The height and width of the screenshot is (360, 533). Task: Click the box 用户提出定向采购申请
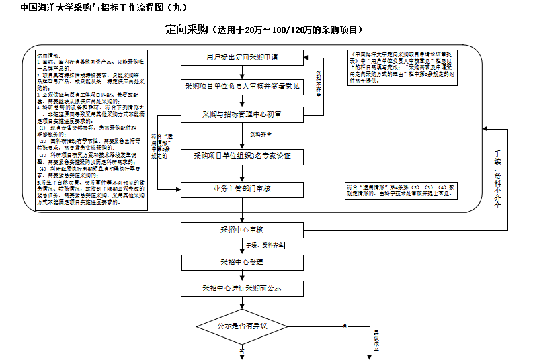[x=243, y=56]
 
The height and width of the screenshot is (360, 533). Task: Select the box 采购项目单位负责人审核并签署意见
[x=243, y=86]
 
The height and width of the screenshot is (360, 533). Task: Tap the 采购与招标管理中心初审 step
[x=243, y=115]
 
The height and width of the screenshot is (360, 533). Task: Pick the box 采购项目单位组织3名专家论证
[x=243, y=156]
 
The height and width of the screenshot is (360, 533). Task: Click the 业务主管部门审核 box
[x=243, y=189]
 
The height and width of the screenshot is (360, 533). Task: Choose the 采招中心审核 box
[x=243, y=230]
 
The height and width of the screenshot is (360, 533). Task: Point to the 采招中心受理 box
[x=243, y=261]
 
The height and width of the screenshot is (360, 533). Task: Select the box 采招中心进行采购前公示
[x=243, y=288]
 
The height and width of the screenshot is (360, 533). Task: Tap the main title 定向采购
[x=187, y=30]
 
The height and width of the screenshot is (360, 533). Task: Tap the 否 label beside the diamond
[x=344, y=326]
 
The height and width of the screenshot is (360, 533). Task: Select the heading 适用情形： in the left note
[x=49, y=56]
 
